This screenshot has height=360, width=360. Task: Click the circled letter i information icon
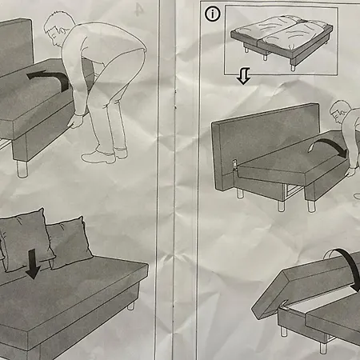click(212, 14)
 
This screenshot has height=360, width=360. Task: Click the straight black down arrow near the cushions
click(32, 262)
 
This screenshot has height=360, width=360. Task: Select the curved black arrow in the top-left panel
click(49, 76)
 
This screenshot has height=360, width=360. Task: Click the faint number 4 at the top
click(140, 10)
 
